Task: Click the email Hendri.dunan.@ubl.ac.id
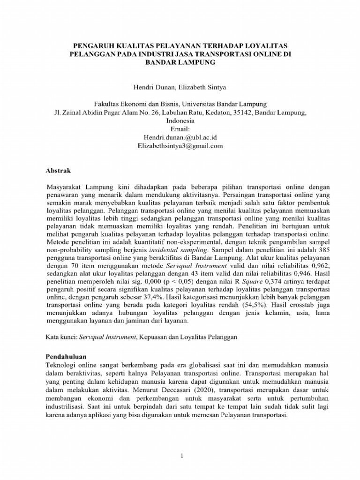coord(180,137)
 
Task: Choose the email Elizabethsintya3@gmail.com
coord(180,145)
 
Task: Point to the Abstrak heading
coord(60,171)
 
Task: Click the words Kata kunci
coord(61,337)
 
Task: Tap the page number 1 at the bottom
coord(180,455)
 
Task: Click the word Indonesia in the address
coord(180,120)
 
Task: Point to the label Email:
coord(180,128)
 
